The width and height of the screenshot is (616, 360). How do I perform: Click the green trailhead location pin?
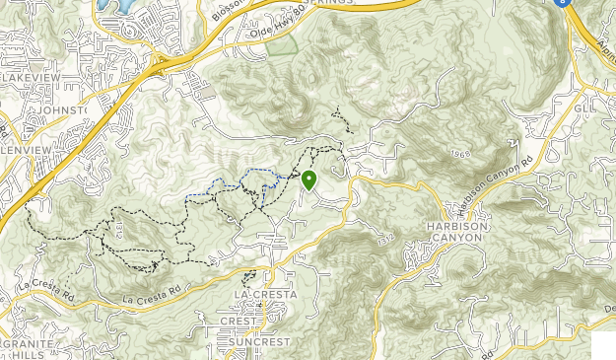pos(309,180)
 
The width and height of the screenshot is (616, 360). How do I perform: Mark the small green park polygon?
pos(281,43)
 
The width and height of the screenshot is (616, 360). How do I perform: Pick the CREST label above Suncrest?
pos(237,321)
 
